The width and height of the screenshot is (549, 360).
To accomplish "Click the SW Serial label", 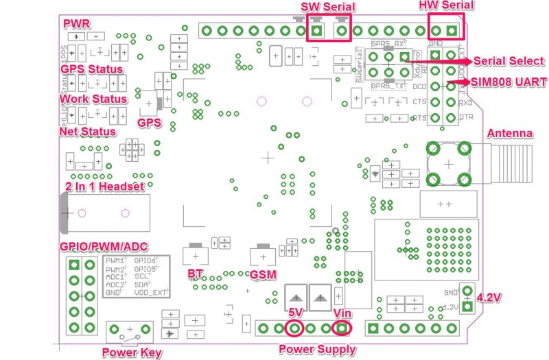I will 329,7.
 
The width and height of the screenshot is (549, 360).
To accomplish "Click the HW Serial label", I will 446,5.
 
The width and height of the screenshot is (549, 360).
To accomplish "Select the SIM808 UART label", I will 509,82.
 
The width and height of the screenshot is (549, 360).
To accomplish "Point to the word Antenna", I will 509,132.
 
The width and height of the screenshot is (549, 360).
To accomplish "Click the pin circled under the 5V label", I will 294,328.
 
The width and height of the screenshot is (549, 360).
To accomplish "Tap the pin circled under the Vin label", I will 341,328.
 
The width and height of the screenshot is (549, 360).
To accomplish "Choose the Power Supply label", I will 317,349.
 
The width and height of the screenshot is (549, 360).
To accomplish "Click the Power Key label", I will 132,353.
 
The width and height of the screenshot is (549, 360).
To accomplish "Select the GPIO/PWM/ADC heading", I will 104,247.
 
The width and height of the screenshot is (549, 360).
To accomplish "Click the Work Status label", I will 94,99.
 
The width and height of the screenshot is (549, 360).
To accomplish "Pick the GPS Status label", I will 92,69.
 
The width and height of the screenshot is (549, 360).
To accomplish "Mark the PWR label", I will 75,24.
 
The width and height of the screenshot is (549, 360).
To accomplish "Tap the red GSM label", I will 264,274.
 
